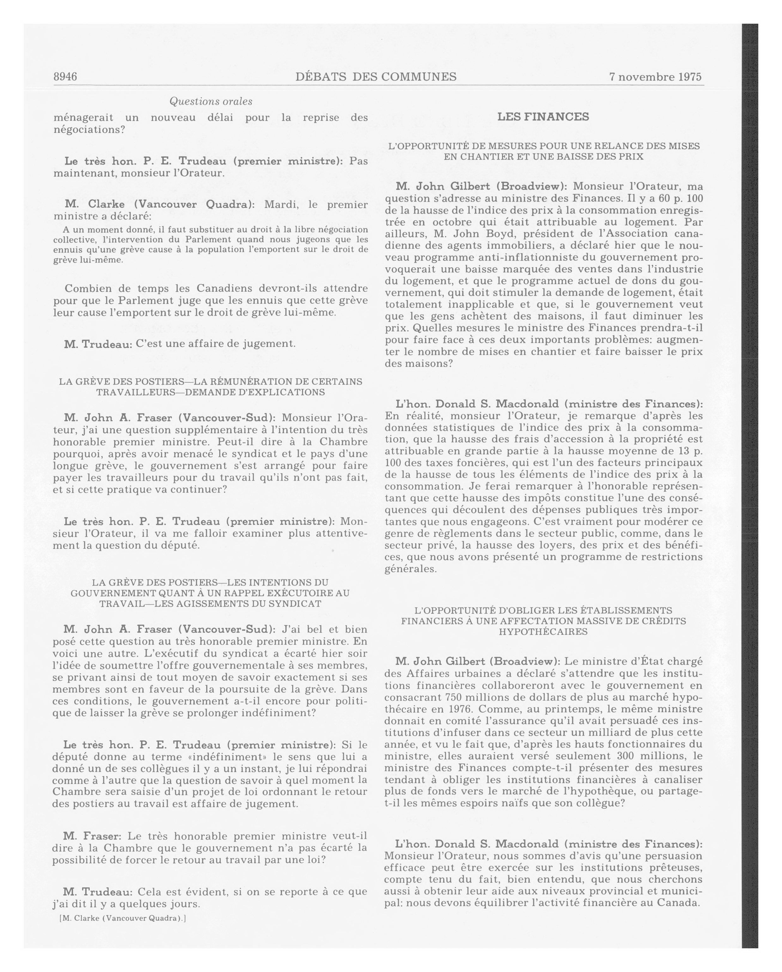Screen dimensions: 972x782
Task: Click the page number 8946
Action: (65, 77)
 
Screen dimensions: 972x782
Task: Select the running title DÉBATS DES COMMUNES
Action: (376, 77)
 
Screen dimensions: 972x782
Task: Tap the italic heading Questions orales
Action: (210, 101)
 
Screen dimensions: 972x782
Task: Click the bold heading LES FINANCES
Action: (543, 117)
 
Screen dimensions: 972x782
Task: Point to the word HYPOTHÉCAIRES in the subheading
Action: (543, 632)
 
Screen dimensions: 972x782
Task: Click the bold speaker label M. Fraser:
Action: (92, 835)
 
